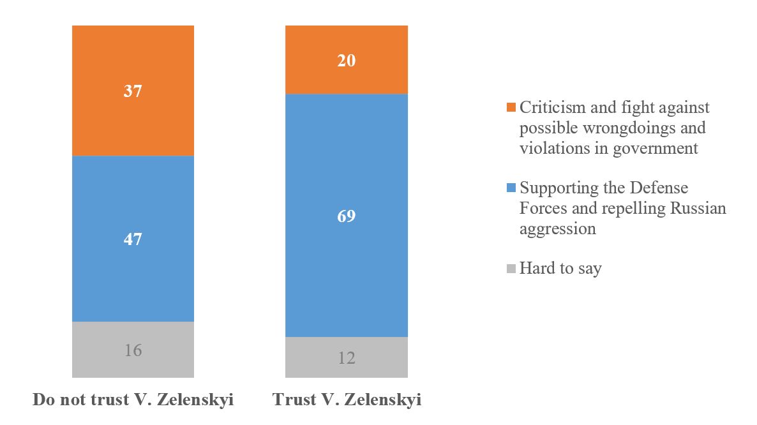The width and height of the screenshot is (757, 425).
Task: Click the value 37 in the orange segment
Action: coord(133,91)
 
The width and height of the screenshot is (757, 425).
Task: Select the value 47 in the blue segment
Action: coord(133,239)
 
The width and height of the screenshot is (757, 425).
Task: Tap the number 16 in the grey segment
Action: coord(133,350)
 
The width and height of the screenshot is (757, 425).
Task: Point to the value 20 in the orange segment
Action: coord(347,61)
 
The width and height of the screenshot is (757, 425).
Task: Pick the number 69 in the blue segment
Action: coord(347,216)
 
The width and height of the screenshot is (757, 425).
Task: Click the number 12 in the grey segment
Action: coord(347,357)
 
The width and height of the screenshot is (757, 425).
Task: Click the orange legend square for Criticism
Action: coord(511,107)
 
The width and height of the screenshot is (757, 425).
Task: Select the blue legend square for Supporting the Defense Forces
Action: coord(511,188)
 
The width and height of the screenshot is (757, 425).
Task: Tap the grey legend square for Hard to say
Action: coord(511,269)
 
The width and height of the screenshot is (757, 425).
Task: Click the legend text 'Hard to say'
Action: coord(560,269)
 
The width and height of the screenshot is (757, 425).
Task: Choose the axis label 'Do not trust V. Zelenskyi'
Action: coord(133,401)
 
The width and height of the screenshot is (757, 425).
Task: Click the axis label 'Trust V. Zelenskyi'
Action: coord(347,401)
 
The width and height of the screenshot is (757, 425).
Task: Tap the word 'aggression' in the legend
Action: coord(557,229)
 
